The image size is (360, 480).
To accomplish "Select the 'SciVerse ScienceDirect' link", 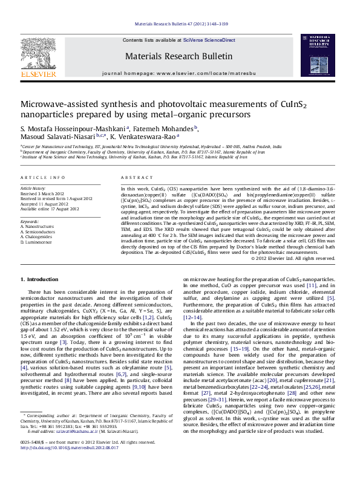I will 206,40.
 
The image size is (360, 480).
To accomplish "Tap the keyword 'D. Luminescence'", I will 38,241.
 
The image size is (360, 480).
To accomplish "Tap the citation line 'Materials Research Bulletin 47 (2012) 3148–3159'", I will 180,24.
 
